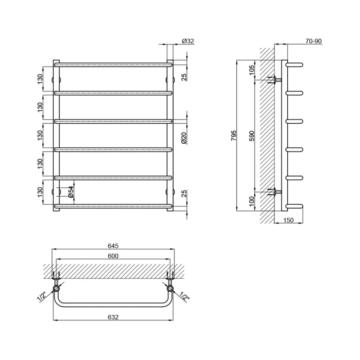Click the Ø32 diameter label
[x=188, y=41]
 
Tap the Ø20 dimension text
[x=184, y=137]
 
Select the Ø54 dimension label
[x=70, y=192]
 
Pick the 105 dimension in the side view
[x=251, y=70]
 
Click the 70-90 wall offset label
[x=313, y=41]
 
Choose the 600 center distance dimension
[x=113, y=256]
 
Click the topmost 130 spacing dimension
[x=40, y=78]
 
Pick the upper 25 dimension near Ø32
[x=184, y=76]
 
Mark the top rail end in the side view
[x=296, y=64]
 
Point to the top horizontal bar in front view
[x=113, y=64]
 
